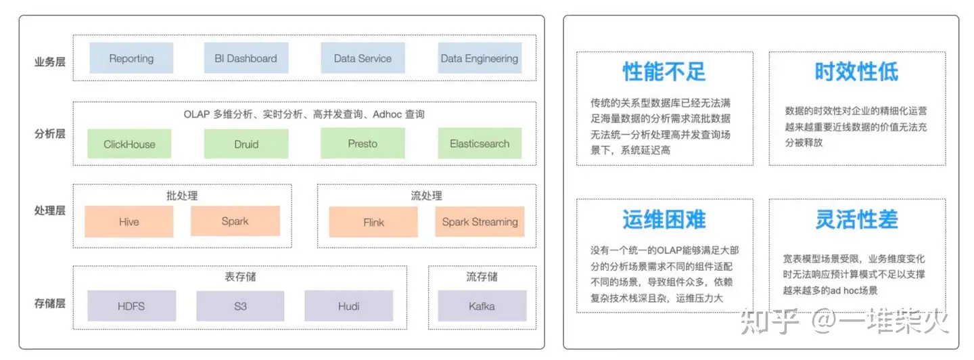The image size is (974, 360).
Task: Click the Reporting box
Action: click(131, 58)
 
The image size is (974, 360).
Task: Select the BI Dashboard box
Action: click(246, 58)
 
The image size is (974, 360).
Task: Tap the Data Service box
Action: click(363, 58)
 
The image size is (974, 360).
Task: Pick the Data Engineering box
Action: click(480, 58)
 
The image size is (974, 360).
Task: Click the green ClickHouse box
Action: click(129, 144)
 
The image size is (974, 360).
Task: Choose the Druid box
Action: click(246, 144)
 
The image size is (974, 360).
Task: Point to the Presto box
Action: click(363, 144)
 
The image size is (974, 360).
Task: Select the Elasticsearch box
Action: click(480, 144)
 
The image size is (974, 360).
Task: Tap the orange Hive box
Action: click(129, 222)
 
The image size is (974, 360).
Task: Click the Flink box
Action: click(373, 222)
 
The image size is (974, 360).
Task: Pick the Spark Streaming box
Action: click(480, 222)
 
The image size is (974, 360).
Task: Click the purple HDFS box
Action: click(131, 306)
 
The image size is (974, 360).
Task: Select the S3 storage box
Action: click(240, 306)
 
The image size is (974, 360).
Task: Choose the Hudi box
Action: click(348, 306)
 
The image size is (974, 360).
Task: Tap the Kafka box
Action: click(482, 306)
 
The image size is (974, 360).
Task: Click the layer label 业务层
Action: click(49, 62)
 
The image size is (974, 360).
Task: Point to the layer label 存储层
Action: click(49, 303)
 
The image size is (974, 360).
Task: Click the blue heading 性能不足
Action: click(664, 71)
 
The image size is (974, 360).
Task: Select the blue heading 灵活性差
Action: click(856, 219)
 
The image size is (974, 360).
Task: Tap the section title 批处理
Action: click(182, 196)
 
